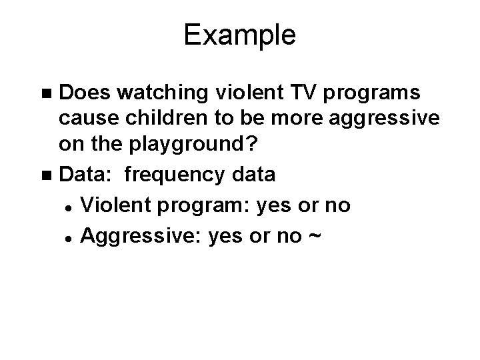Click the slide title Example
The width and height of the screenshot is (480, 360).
click(x=239, y=35)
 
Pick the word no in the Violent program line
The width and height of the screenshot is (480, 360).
click(x=337, y=205)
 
